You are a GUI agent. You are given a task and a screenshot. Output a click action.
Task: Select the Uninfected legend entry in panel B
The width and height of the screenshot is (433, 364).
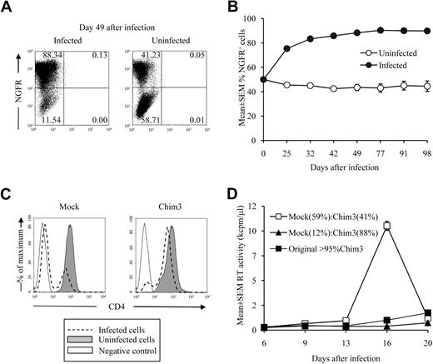371,52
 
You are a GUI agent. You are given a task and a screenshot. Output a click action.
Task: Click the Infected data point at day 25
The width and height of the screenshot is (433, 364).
289,48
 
